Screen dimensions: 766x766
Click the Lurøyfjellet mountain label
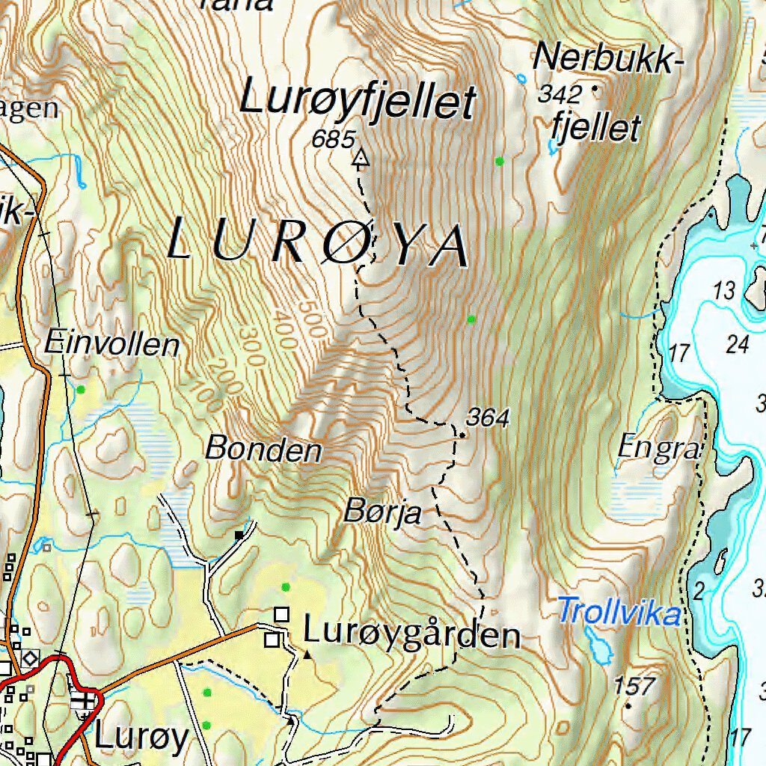tap(358, 102)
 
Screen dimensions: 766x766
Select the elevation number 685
tap(333, 138)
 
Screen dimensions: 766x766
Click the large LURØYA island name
tap(319, 244)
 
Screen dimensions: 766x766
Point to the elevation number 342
tap(560, 94)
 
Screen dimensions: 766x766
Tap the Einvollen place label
tap(112, 345)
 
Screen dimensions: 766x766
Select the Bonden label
tap(263, 450)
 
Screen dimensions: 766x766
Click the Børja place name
tap(383, 513)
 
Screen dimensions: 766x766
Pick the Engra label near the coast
tap(659, 449)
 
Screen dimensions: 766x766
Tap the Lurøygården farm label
tap(411, 634)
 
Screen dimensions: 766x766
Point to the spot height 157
tap(634, 685)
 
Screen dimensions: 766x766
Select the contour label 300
tap(253, 346)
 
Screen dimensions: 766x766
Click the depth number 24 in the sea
tap(738, 344)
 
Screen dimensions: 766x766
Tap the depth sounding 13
tap(724, 290)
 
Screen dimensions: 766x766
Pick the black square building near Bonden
tap(239, 535)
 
